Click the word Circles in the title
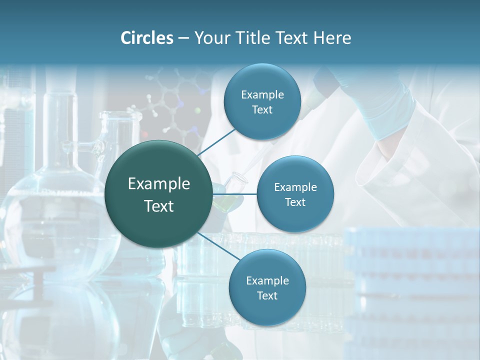coord(147,38)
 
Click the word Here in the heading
coord(332,38)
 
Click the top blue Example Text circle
coord(262,101)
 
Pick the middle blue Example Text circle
coord(295,194)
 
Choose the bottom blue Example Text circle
coord(267,287)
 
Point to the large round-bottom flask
coord(55,220)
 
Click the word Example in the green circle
coord(159,184)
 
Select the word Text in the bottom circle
coord(267,295)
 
